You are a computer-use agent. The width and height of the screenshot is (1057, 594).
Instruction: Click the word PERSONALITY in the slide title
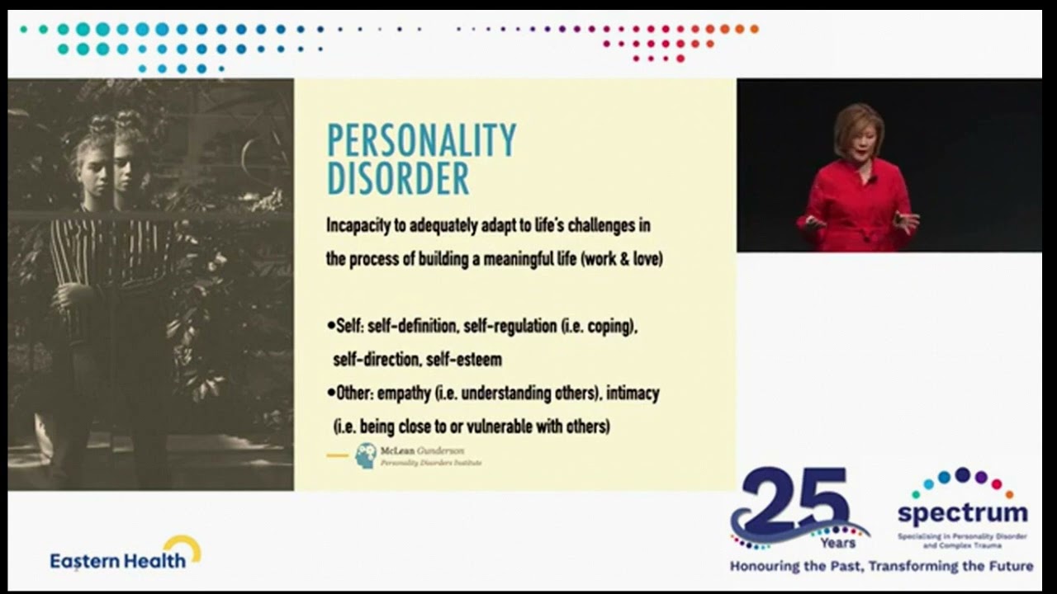click(x=421, y=140)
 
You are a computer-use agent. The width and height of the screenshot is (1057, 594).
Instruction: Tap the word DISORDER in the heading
click(x=398, y=178)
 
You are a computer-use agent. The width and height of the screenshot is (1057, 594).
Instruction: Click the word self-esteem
click(x=464, y=360)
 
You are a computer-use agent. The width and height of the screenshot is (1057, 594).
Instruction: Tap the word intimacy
click(x=633, y=394)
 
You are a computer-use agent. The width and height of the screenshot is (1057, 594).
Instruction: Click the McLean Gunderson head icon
click(x=365, y=455)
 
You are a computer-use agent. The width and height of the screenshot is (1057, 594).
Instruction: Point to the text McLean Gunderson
click(x=422, y=451)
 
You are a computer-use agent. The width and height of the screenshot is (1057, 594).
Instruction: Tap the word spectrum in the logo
click(x=962, y=513)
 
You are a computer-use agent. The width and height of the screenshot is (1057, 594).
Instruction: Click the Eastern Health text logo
click(x=117, y=561)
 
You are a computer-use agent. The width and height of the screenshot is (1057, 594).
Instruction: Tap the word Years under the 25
click(x=837, y=543)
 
